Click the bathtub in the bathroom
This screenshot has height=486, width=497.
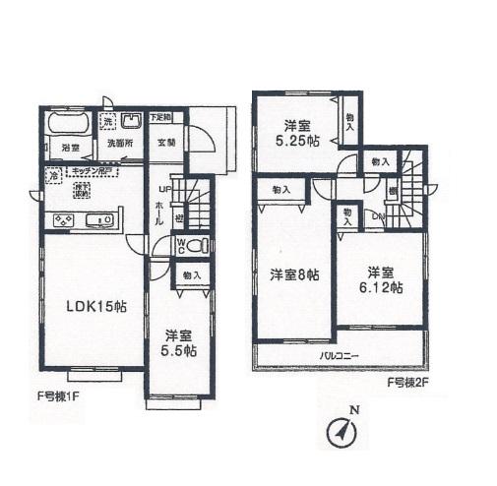[x=67, y=128]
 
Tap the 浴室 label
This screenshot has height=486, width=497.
[x=71, y=149]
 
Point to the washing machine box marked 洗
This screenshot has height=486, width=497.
[x=111, y=122]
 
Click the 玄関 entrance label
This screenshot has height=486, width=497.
[x=167, y=142]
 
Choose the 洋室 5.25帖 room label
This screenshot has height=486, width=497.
[x=298, y=133]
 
